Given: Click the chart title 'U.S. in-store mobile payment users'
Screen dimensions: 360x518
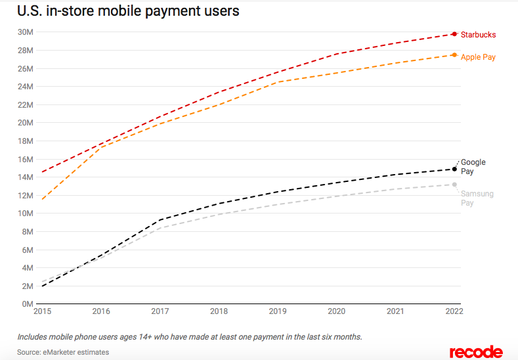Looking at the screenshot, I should pyautogui.click(x=127, y=11).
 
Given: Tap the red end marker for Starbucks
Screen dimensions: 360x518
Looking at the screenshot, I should pyautogui.click(x=454, y=34).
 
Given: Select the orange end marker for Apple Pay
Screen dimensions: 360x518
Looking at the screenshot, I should pyautogui.click(x=454, y=55).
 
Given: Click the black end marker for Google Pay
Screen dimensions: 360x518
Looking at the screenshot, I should pyautogui.click(x=454, y=169).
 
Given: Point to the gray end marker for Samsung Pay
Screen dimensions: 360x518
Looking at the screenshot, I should pyautogui.click(x=454, y=185).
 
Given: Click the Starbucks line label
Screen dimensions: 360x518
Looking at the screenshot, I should pyautogui.click(x=478, y=35).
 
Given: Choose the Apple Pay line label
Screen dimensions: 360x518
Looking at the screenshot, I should pyautogui.click(x=478, y=57).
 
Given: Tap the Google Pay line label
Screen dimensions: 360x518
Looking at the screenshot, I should pyautogui.click(x=473, y=167).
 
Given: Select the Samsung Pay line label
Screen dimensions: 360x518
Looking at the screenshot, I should pyautogui.click(x=477, y=198).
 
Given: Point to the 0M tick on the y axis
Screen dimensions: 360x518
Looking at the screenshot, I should pyautogui.click(x=27, y=304).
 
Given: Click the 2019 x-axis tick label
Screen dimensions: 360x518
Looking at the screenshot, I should pyautogui.click(x=278, y=311).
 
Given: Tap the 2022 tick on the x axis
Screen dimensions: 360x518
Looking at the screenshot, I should pyautogui.click(x=454, y=311).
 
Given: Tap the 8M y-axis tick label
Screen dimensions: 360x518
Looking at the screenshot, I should pyautogui.click(x=27, y=231).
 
